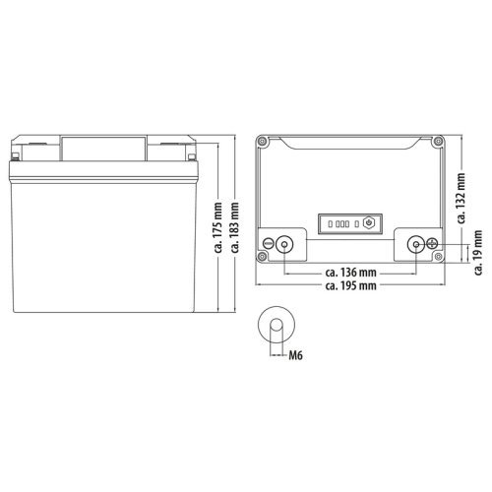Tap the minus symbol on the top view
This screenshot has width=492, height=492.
pos(268,244)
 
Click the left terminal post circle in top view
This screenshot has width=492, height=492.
pos(285,244)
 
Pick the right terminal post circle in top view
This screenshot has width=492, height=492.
pos(414,244)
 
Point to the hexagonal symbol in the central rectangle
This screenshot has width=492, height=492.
pos(367,222)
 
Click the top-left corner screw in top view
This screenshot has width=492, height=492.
pos(264,140)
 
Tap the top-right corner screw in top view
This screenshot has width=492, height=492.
pos(438,140)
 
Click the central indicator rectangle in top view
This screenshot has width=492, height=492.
pos(347,222)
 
